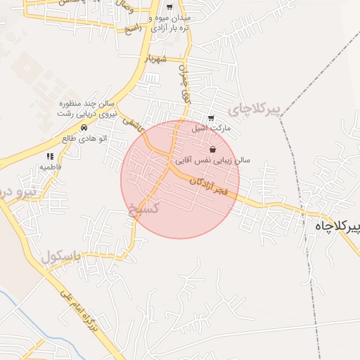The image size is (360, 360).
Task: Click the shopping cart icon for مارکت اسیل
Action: (211, 117)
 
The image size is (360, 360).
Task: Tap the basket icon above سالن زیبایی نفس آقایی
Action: (213, 149)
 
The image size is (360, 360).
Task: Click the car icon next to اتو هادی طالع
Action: (84, 128)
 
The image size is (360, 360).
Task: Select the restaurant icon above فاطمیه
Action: (50, 156)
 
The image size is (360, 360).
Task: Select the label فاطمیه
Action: (51, 167)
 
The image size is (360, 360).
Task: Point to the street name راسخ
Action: (133, 30)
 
